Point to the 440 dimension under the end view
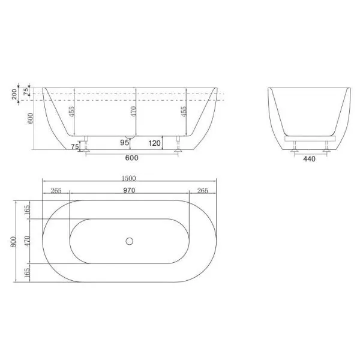tap(308, 159)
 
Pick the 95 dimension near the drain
tap(125, 143)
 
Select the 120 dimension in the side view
tap(154, 143)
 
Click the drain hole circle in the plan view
tap(128, 241)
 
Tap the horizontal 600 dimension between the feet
tap(132, 158)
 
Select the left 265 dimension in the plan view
tap(56, 191)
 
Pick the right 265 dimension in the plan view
tap(203, 191)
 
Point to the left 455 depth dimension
tap(71, 112)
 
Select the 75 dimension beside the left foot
tap(74, 146)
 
